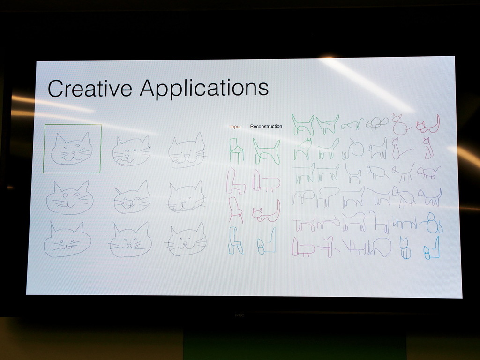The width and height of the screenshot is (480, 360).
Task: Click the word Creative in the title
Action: coord(90,88)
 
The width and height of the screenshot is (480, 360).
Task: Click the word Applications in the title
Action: coord(204,89)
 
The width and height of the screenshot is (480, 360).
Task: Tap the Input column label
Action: coord(235,127)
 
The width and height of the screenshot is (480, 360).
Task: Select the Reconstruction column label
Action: coord(266,126)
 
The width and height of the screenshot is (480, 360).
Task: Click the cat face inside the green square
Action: coord(72,149)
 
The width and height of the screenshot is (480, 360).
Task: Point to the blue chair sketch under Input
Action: coord(235,240)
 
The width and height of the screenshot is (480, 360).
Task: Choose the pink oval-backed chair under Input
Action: coord(236,210)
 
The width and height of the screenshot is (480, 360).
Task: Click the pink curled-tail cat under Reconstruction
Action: coord(266,211)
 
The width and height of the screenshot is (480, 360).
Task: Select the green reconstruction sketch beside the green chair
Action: coord(266,151)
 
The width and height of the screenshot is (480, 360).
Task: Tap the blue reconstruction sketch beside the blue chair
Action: coord(266,242)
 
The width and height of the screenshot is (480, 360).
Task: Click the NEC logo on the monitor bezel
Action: coord(240,315)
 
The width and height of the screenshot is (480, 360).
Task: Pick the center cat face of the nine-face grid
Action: coord(132,197)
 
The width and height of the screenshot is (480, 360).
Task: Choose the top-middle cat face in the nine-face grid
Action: coord(131,150)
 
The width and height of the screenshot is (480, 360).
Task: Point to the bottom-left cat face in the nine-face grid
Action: coord(67,240)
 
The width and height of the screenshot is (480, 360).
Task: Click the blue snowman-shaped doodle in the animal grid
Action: coord(432,223)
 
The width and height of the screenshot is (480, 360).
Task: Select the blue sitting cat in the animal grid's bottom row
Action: coord(405,248)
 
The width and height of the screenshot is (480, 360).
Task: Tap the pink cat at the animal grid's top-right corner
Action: coord(428,124)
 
